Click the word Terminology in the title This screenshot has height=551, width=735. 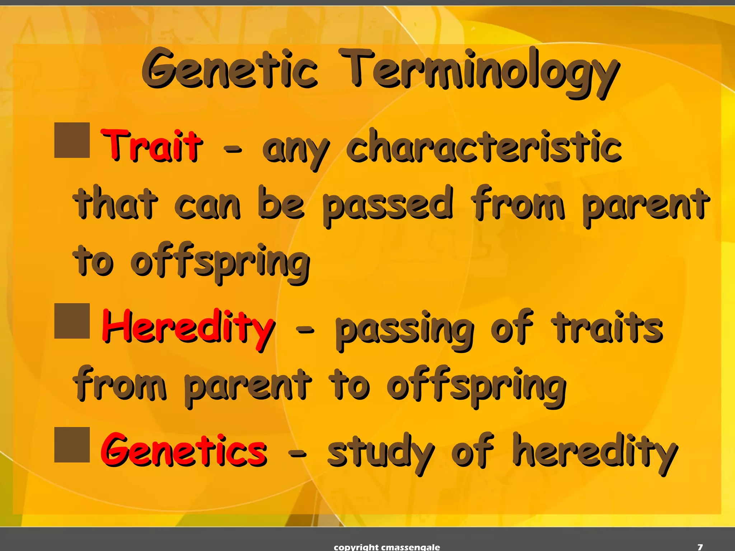pos(479,72)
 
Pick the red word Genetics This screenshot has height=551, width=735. pos(184,450)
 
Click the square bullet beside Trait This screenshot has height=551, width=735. pos(72,140)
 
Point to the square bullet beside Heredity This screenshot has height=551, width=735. pos(72,321)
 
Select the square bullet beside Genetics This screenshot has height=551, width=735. pos(72,444)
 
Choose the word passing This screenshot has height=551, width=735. pos(404,328)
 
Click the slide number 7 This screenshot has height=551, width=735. pos(700,547)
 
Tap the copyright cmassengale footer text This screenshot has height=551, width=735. pos(387,547)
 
